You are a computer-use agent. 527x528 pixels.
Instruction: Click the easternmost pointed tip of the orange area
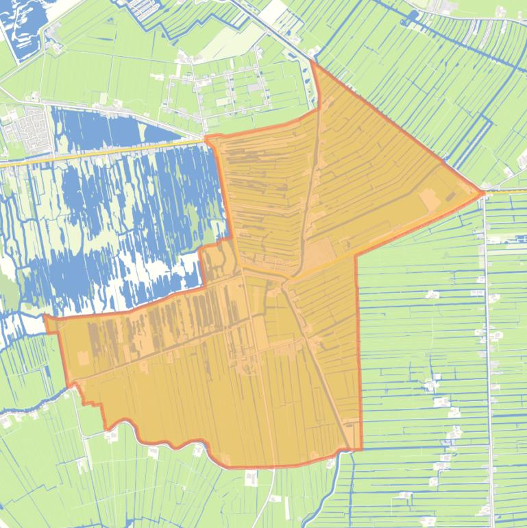point(482,193)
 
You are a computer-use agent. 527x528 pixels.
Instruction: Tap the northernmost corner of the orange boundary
point(312,61)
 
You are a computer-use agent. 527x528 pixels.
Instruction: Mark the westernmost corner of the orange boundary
point(45,317)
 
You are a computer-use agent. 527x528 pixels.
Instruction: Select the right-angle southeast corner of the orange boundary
point(360,450)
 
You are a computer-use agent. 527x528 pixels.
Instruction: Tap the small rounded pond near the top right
point(413,16)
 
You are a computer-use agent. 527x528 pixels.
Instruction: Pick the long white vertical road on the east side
point(487,357)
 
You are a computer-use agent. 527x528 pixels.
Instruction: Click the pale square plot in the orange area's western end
point(83,359)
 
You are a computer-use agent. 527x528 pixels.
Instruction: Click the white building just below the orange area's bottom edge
point(252,477)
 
